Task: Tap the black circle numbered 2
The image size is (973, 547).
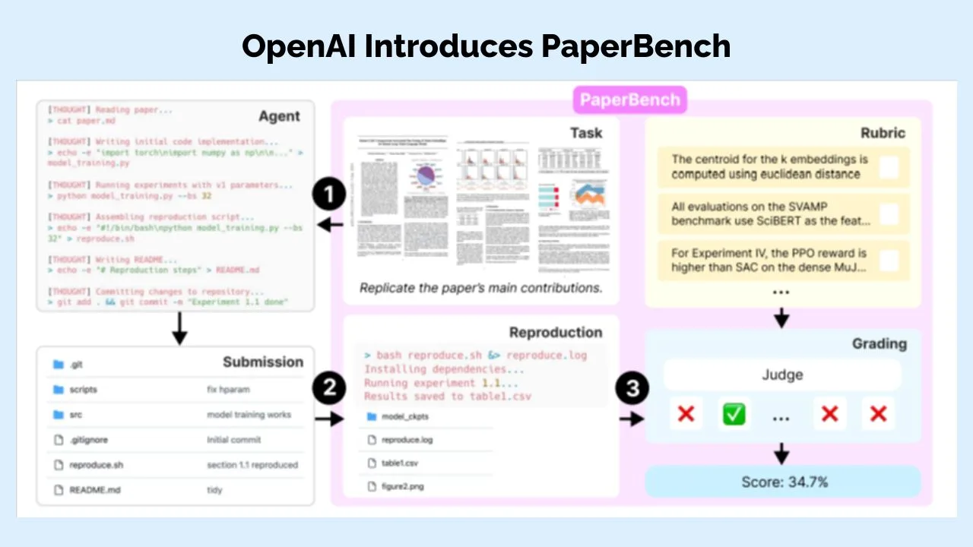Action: [329, 389]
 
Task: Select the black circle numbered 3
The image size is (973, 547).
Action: [632, 389]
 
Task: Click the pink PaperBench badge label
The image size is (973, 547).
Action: [629, 100]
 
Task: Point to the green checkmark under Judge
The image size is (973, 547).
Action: [734, 414]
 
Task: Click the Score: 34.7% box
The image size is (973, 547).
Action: [782, 482]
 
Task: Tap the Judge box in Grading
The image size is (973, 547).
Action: [782, 375]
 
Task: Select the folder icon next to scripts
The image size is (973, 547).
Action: [59, 390]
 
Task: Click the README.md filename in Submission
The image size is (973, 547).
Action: [94, 490]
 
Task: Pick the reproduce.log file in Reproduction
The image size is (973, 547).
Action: [407, 440]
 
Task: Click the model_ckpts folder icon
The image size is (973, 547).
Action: [372, 416]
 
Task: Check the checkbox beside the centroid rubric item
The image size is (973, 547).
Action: [889, 167]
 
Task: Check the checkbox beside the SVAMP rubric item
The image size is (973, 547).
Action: [889, 213]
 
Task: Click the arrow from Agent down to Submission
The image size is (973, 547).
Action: [179, 328]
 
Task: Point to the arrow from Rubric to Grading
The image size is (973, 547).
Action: [781, 318]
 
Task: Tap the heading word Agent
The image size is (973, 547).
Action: [279, 116]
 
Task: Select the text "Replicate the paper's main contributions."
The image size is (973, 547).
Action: [480, 288]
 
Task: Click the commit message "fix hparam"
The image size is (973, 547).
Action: [228, 390]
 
